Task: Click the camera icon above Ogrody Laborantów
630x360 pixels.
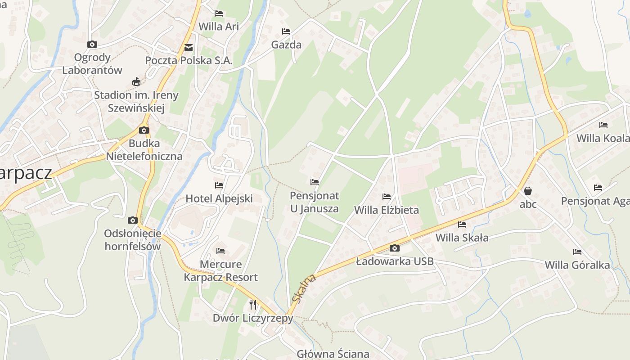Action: (x=92, y=44)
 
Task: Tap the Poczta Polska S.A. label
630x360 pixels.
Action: (x=189, y=60)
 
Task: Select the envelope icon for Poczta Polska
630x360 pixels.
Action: (x=188, y=47)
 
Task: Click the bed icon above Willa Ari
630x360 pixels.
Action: (x=219, y=13)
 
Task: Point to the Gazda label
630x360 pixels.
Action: (x=286, y=45)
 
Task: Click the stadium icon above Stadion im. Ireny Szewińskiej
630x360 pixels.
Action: (x=136, y=82)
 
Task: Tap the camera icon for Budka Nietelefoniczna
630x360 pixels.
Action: (x=144, y=130)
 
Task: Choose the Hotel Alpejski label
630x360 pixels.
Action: (x=219, y=198)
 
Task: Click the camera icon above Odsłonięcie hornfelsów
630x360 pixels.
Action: (x=132, y=220)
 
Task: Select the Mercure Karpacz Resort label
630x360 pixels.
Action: (x=220, y=270)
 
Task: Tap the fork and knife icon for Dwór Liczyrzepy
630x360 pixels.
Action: (x=253, y=305)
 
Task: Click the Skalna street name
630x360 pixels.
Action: (x=304, y=288)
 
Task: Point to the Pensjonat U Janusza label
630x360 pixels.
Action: (x=314, y=202)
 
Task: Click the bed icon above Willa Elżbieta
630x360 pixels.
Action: (x=387, y=197)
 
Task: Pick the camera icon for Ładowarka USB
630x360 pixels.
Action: (x=395, y=248)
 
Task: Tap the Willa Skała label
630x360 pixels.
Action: (x=462, y=238)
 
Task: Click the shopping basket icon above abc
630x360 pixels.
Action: (x=528, y=191)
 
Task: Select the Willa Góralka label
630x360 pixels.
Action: (x=577, y=265)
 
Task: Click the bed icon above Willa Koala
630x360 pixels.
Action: (x=603, y=125)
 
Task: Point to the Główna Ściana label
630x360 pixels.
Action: (x=333, y=354)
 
